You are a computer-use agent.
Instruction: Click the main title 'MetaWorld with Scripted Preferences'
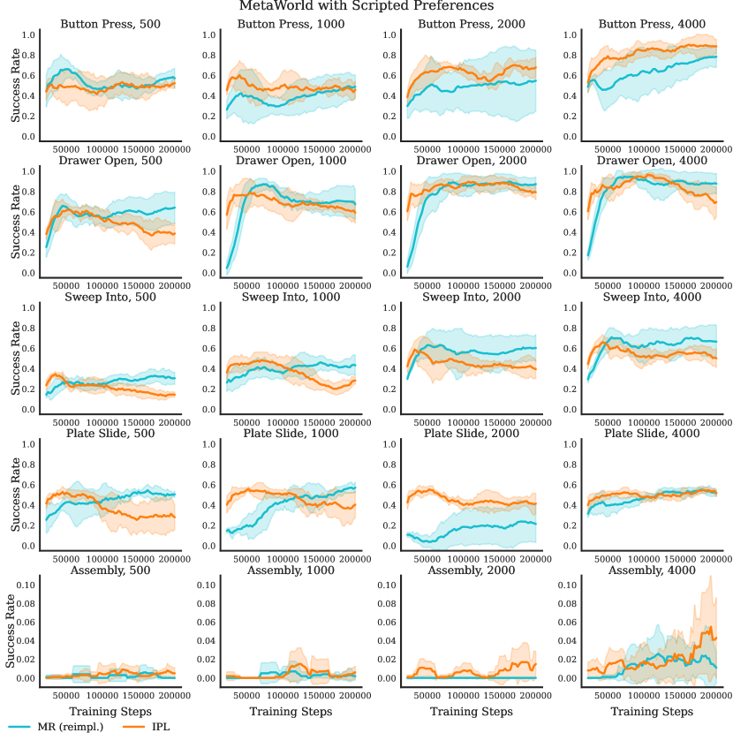(366, 6)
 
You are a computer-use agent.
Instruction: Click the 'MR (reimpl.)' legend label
(72, 726)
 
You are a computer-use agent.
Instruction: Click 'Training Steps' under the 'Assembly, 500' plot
(110, 711)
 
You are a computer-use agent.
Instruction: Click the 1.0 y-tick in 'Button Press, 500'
(28, 35)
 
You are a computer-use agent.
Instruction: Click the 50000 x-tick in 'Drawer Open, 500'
(66, 287)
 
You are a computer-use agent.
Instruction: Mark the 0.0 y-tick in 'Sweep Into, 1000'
(210, 410)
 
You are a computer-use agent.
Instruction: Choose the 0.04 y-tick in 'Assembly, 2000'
(389, 640)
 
